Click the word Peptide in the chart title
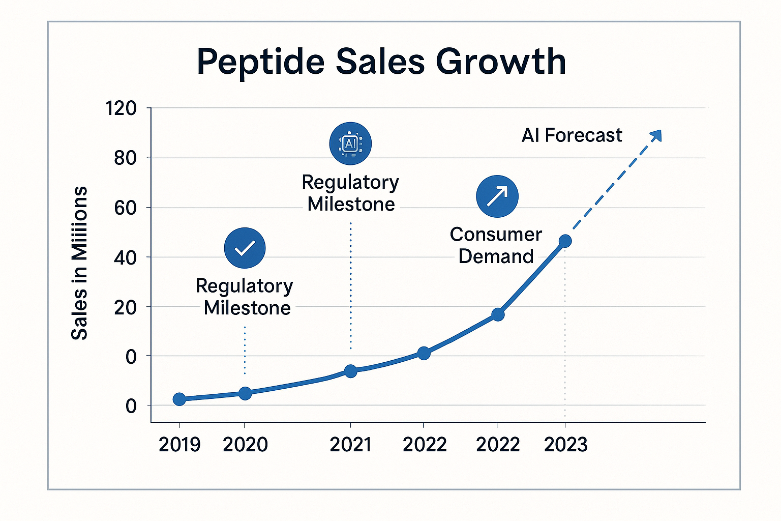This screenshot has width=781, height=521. coord(260,62)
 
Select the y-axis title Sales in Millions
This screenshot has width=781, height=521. coord(79,263)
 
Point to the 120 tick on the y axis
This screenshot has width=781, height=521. coord(121,108)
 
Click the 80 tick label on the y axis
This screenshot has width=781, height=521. coord(125,158)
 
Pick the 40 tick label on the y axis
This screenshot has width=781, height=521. coord(125,258)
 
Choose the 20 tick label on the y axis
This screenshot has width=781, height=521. coord(125,307)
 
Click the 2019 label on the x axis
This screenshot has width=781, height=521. coord(179,445)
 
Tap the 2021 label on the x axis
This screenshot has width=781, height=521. coord(350,445)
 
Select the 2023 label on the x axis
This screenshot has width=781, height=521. coord(565,445)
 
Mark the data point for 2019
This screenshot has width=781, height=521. coord(179,399)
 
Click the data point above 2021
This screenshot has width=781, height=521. coord(350,371)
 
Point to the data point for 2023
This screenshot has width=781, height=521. coord(565,241)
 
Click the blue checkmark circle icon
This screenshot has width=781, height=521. coord(245,248)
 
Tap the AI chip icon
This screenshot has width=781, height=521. coord(350,143)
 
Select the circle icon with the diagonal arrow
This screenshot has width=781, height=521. coord(497,196)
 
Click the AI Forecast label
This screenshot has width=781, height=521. coord(572,135)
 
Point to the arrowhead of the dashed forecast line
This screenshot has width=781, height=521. coord(656,135)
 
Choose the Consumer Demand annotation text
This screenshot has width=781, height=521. coord(496,245)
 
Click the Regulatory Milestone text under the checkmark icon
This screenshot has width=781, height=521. coord(245,297)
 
